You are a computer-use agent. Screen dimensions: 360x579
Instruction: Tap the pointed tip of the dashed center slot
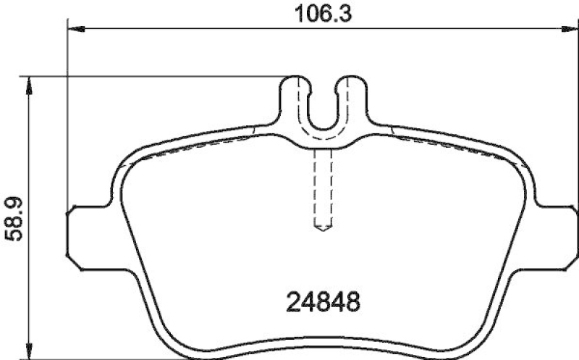pyautogui.click(x=323, y=230)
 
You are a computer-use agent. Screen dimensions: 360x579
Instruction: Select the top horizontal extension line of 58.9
pyautogui.click(x=159, y=76)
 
